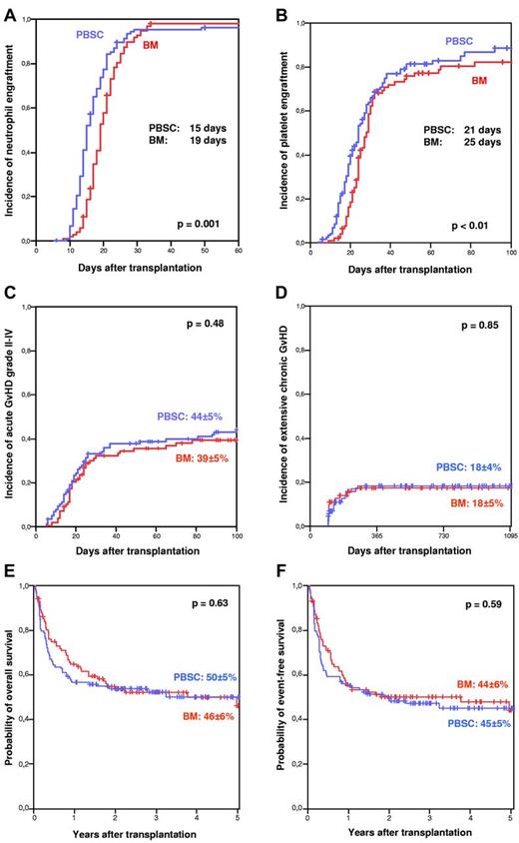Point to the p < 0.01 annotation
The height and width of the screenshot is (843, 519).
coord(475,224)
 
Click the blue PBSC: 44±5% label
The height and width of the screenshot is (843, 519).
coord(196,418)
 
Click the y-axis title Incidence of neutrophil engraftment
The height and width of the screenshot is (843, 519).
coord(10,130)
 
